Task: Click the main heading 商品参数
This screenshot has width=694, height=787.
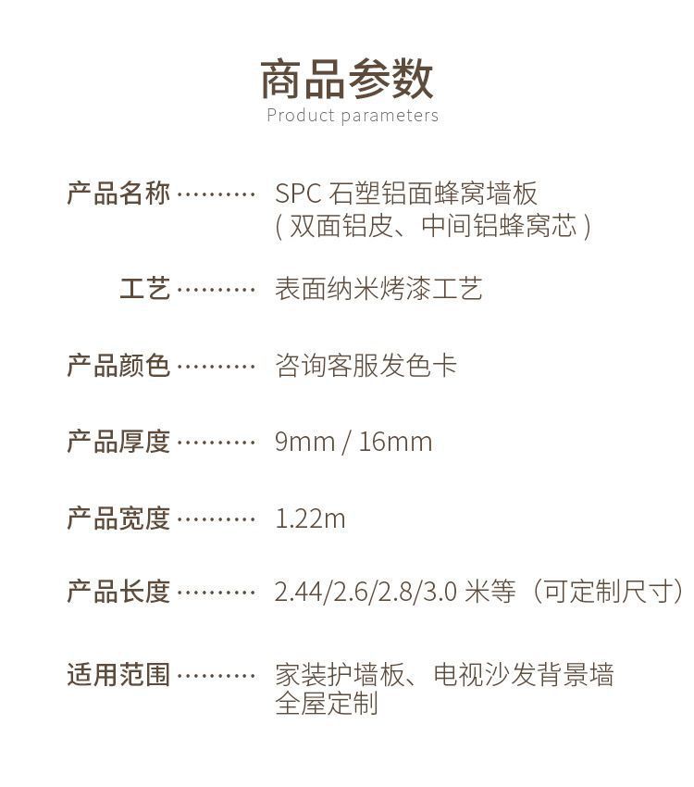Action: pos(346,78)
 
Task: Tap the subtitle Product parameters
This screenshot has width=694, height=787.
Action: pos(353,116)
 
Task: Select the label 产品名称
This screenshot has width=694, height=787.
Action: pos(118,194)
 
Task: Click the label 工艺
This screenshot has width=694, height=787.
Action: pos(145,289)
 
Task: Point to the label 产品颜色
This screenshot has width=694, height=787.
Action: pos(118,366)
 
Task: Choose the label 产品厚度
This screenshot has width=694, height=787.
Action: pos(118,442)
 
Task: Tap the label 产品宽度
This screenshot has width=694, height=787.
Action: pos(118,518)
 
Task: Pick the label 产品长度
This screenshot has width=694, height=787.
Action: pos(118,592)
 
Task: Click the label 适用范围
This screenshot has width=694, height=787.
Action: pos(118,675)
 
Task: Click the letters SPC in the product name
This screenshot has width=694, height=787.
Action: pos(298,194)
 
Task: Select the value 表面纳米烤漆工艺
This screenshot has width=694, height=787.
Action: pos(378,289)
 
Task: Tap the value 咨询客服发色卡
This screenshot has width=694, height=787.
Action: pos(366,366)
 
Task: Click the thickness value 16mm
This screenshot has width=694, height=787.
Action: pos(395,442)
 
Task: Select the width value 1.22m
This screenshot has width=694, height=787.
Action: pos(310,518)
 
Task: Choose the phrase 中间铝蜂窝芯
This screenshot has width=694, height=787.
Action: pos(499,226)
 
